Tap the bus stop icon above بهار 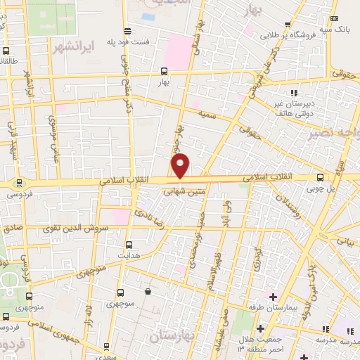(x=164, y=71)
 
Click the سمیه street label (x=206, y=113)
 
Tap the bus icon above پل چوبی (x=321, y=177)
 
